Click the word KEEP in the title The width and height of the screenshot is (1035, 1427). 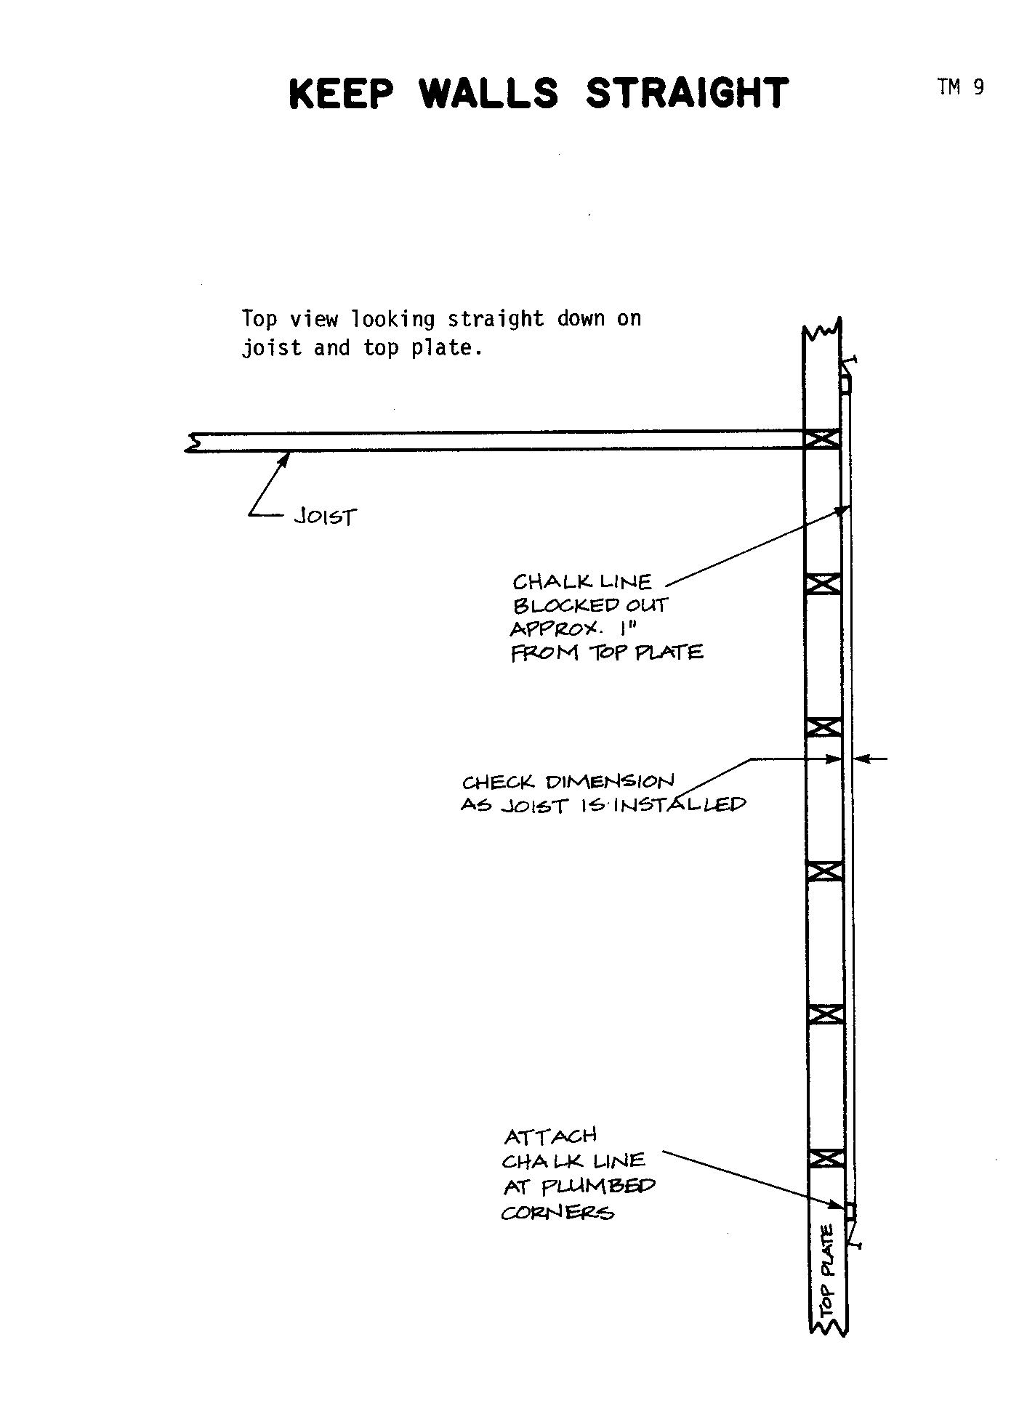[x=341, y=93]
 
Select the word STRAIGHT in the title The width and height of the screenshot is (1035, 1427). [x=687, y=93]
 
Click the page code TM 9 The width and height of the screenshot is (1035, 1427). [x=961, y=87]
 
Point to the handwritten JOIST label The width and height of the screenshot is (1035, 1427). [x=326, y=517]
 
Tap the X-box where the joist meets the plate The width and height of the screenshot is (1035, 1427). [x=823, y=438]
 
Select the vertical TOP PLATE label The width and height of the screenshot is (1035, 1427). [x=829, y=1271]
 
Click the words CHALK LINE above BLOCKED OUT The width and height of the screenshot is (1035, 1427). [x=582, y=581]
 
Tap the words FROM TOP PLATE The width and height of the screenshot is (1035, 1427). [x=607, y=652]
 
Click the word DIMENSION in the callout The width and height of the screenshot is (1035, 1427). [x=610, y=782]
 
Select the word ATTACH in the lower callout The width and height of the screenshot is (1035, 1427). [x=550, y=1136]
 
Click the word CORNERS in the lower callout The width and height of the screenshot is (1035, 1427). [x=557, y=1213]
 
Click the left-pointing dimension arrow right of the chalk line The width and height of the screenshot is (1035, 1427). [x=871, y=759]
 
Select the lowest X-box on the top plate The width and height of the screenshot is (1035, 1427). [x=827, y=1157]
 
